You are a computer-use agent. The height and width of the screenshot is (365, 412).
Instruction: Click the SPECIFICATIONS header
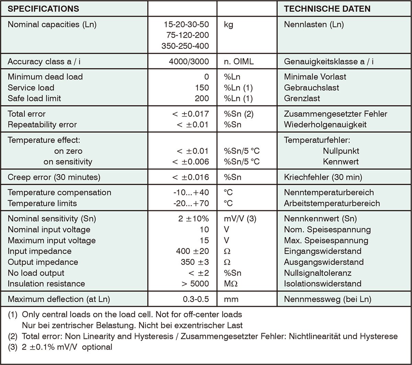(x=43, y=9)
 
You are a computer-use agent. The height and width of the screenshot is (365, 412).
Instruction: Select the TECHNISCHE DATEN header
(x=327, y=9)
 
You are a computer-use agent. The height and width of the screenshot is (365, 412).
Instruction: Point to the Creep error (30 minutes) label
(x=54, y=177)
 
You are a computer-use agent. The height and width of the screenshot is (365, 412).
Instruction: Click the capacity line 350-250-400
(x=185, y=46)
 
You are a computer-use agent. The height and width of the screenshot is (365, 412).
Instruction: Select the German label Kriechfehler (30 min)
(x=323, y=177)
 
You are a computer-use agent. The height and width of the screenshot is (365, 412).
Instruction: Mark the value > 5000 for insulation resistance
(x=194, y=284)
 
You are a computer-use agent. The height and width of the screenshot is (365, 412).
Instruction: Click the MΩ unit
(x=231, y=284)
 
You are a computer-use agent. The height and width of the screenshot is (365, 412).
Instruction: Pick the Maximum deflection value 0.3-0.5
(x=196, y=299)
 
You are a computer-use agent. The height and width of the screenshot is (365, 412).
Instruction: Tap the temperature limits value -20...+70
(x=191, y=203)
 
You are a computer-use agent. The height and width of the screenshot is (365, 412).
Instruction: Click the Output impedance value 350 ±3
(x=195, y=262)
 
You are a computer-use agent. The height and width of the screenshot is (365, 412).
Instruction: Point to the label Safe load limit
(x=34, y=98)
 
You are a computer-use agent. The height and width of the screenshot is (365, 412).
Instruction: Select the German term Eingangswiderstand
(x=323, y=251)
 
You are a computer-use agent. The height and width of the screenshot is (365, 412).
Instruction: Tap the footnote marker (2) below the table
(x=13, y=336)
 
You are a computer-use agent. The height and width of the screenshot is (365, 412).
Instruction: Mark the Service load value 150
(x=202, y=87)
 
